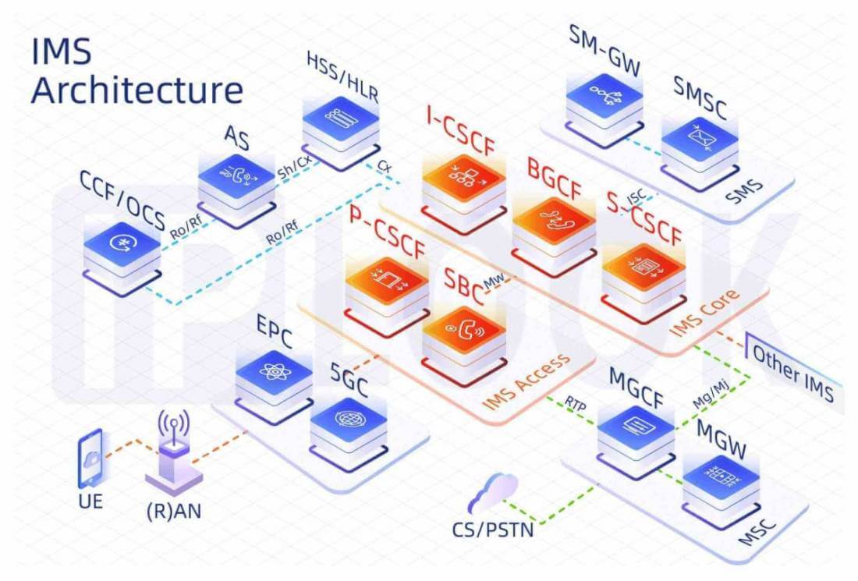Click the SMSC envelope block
(x=699, y=145)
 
